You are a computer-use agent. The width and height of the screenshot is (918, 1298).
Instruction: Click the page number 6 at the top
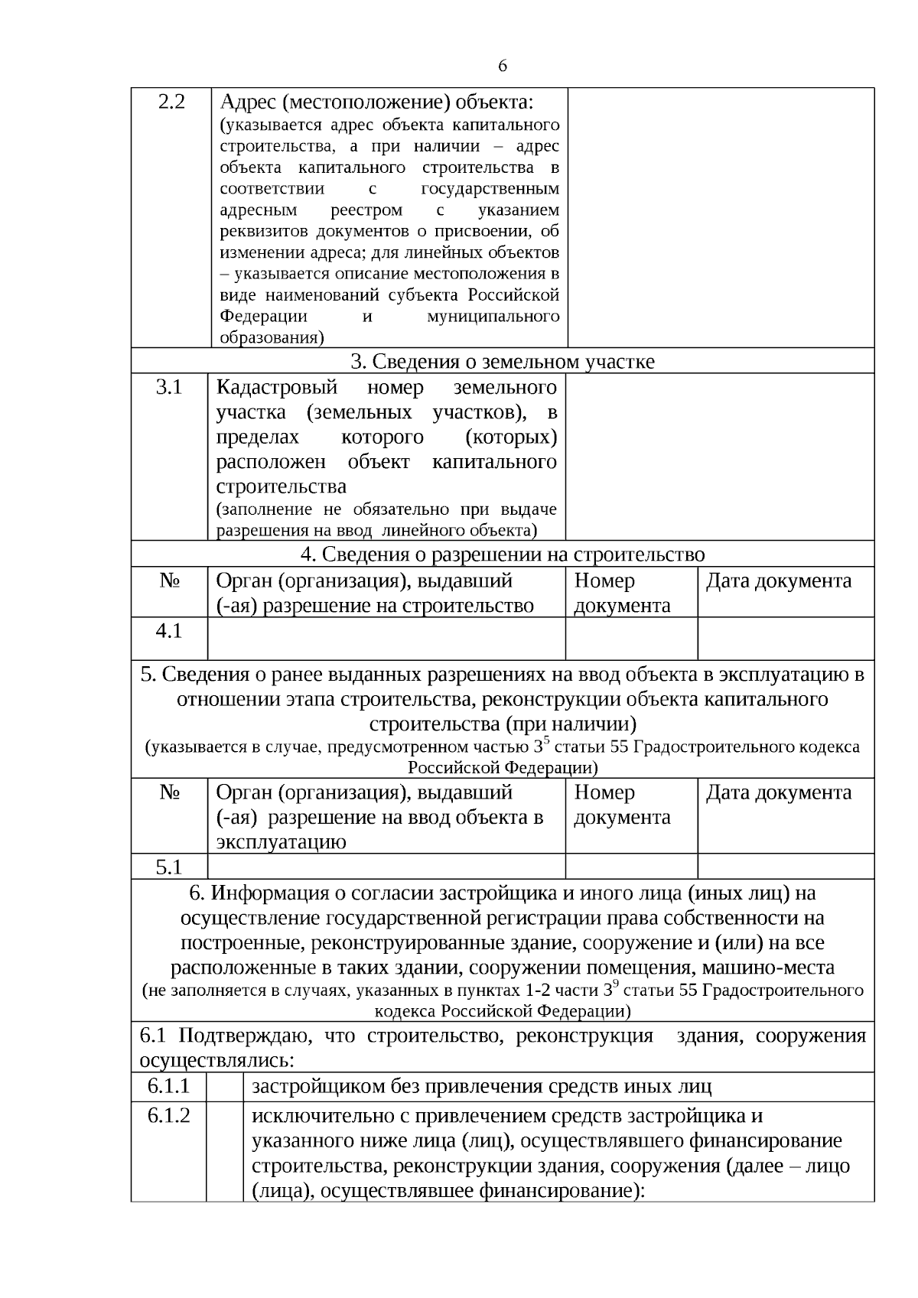coord(502,67)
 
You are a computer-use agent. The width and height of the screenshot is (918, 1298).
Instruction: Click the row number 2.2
coord(171,102)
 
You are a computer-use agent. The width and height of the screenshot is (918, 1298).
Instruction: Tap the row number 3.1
coord(169,388)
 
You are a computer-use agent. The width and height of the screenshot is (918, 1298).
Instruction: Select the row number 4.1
coord(169,631)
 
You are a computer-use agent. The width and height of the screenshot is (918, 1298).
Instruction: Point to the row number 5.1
coord(169,867)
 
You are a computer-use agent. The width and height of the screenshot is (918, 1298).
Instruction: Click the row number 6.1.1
coord(168,1086)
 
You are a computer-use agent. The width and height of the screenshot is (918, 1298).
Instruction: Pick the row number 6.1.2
coord(168,1116)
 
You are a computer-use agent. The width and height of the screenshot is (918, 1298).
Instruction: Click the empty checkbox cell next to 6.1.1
coord(224,1087)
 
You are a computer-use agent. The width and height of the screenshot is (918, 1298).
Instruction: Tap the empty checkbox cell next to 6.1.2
coord(224,1151)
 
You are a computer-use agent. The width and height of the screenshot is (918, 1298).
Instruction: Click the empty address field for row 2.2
coord(721,217)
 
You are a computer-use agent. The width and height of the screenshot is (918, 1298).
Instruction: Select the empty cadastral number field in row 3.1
coord(719,457)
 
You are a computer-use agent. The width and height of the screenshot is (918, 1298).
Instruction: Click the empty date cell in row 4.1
coord(786,638)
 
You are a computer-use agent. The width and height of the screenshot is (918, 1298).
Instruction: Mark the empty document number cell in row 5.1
coord(631,867)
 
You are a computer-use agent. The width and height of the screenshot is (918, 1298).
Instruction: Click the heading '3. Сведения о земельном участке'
coord(502,362)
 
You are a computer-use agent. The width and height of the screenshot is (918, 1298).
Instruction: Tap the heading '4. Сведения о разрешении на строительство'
coord(502,555)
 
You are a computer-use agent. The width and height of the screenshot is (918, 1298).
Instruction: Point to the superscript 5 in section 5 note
coord(546,740)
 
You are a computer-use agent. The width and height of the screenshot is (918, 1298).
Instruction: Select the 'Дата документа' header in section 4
coord(778,581)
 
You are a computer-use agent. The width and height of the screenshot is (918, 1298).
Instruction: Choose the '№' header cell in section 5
coord(169,792)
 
